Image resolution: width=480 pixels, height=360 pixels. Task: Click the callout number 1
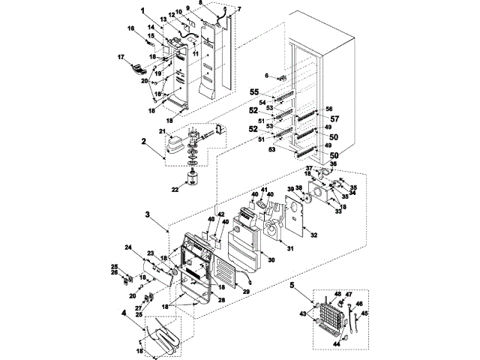click(x=142, y=12)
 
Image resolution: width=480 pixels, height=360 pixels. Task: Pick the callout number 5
click(x=291, y=286)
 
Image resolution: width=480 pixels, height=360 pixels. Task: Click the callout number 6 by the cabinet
click(x=266, y=75)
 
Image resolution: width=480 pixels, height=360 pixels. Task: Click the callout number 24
click(x=128, y=248)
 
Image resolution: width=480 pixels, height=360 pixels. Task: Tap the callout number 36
click(x=334, y=163)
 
